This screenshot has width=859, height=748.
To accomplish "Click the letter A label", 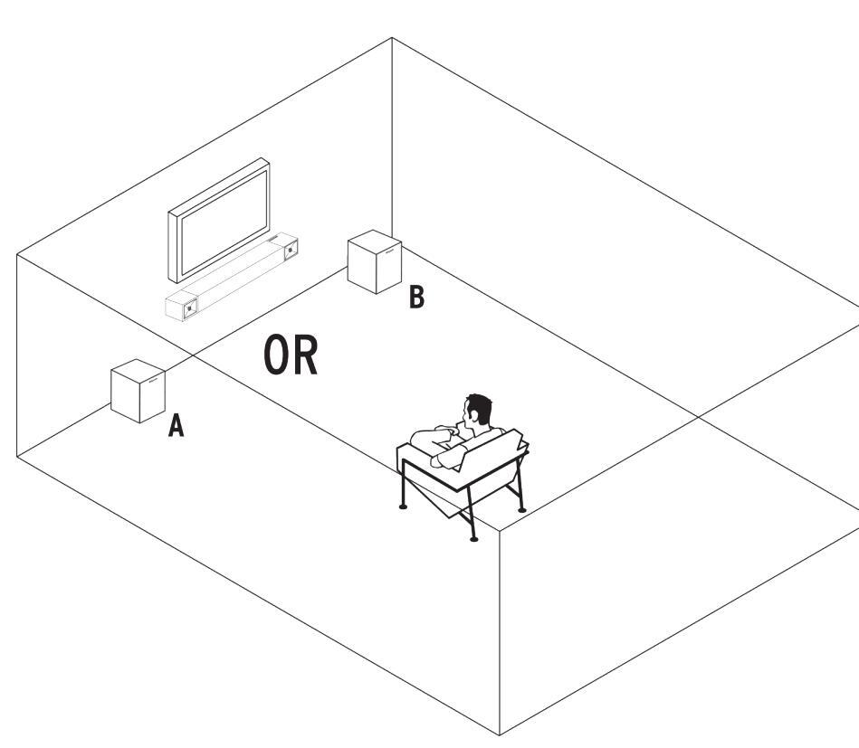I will click(x=177, y=426).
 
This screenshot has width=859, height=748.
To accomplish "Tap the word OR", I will click(x=291, y=355).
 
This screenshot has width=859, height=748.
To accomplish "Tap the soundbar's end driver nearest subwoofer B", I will click(x=291, y=248).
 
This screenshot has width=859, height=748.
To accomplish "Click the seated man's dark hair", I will click(x=479, y=410).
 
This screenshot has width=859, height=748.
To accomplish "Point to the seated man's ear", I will click(x=472, y=419).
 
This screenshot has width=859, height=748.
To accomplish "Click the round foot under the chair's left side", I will click(x=403, y=507).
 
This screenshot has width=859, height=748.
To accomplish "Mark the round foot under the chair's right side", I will click(x=522, y=510).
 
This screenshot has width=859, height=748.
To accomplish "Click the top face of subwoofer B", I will click(x=373, y=242).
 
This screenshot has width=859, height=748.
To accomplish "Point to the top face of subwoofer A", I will click(x=138, y=370).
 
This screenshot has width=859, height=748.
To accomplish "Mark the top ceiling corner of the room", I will click(x=391, y=38).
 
